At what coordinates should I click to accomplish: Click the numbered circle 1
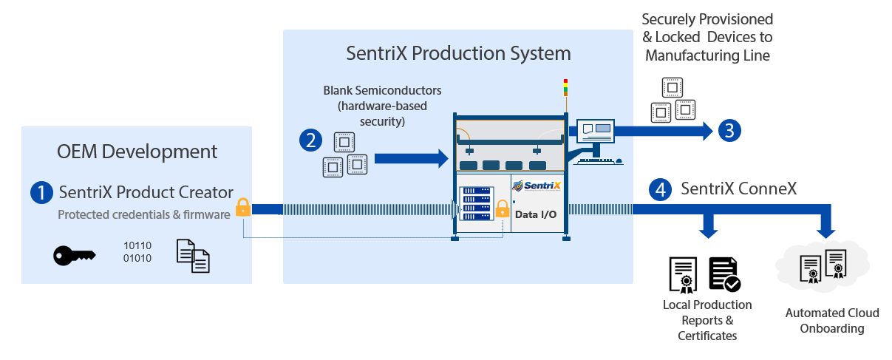pos(41,192)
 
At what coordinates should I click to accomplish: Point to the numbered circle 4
pos(660,190)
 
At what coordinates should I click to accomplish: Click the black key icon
pos(74,256)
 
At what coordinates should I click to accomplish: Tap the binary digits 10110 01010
pos(137,251)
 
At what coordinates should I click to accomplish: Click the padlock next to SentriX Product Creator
pos(243,208)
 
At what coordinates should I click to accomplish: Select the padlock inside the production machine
pos(503,208)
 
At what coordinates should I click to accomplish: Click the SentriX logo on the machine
pos(537,186)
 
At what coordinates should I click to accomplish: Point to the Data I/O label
pos(537,214)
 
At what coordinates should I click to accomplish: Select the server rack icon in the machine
pos(476,203)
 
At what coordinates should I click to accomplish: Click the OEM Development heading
pos(137,152)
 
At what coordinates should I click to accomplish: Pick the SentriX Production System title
pos(458,53)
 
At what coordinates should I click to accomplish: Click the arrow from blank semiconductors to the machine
pos(411,158)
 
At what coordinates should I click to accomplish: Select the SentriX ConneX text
pos(738,189)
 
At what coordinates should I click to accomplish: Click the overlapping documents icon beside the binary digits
pos(193,256)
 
